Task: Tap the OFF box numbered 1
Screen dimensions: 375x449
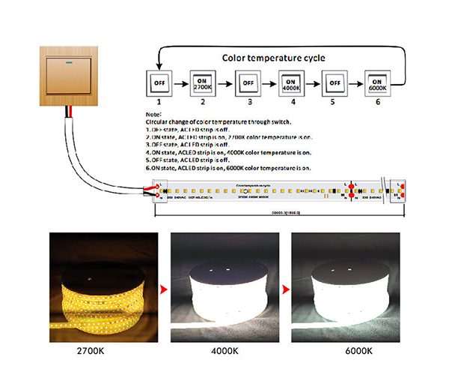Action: pos(159,83)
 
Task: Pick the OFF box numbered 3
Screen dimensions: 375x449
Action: pos(247,83)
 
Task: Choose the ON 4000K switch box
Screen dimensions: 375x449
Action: pos(291,83)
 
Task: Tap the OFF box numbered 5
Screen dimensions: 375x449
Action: pos(335,83)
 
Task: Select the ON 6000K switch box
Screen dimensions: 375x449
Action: pos(378,83)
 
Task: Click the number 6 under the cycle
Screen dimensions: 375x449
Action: pos(378,100)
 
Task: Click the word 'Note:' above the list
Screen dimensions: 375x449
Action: pos(153,113)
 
